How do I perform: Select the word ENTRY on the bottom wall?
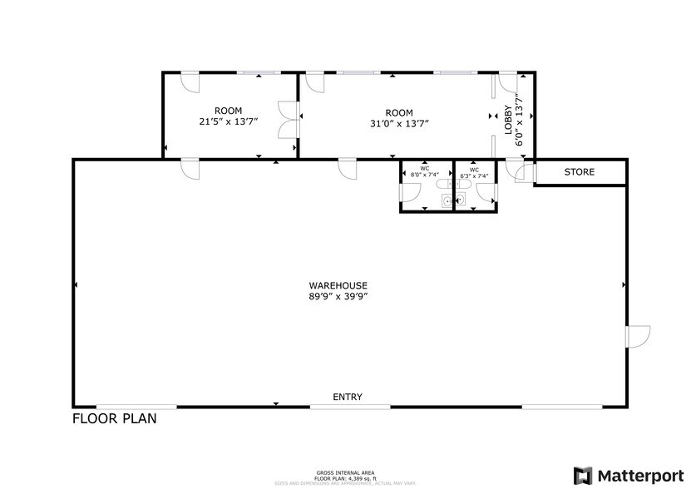347,398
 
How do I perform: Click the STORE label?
580,172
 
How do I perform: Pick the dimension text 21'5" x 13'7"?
229,121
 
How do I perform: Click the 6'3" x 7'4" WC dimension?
474,175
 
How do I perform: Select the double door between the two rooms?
288,118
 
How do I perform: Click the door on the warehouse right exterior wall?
638,336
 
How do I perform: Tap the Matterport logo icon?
584,475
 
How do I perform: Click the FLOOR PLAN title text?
114,418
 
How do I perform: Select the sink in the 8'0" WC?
447,200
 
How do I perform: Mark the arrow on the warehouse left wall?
76,285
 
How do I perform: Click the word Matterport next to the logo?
639,476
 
